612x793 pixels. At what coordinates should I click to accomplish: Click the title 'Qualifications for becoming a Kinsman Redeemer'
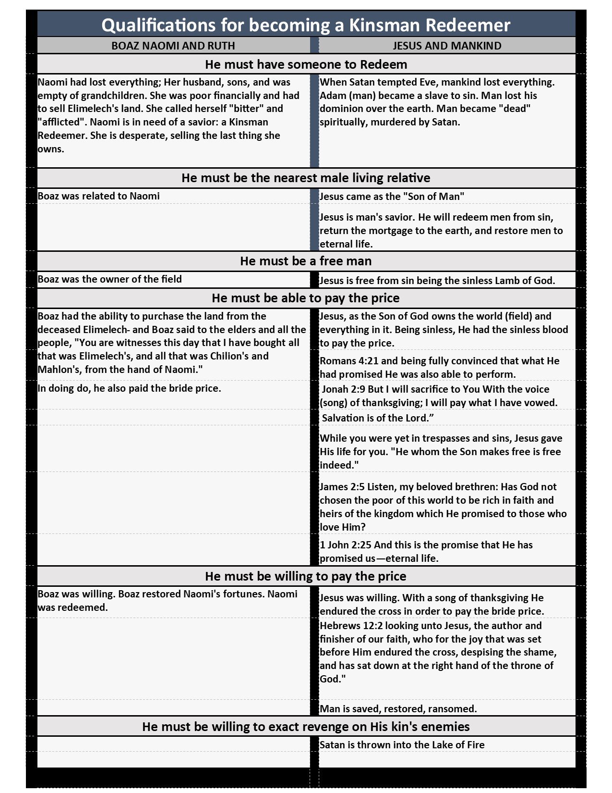point(306,25)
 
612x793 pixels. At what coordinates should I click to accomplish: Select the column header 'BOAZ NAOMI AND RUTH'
point(173,46)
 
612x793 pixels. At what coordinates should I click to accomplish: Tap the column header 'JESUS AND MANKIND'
point(447,46)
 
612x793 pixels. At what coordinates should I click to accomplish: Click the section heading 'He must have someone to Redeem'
point(306,64)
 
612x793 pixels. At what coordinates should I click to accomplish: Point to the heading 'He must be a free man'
point(306,261)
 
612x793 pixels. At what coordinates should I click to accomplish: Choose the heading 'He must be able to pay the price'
point(306,298)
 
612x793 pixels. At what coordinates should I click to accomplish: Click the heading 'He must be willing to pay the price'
point(306,576)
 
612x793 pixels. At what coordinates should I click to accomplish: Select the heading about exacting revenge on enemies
point(306,726)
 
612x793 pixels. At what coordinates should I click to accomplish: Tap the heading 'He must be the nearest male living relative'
point(306,178)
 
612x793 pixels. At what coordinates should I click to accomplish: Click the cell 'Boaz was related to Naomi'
point(99,196)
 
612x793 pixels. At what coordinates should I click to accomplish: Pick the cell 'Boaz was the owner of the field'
point(110,279)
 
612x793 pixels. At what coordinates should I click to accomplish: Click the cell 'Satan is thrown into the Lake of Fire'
point(402,745)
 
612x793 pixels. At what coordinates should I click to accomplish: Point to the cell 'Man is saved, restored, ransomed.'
point(398,708)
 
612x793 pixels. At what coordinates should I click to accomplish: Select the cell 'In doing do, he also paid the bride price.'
point(130,388)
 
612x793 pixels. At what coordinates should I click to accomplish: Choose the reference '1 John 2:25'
point(345,545)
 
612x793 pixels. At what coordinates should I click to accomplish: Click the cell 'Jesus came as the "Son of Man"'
point(392,197)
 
